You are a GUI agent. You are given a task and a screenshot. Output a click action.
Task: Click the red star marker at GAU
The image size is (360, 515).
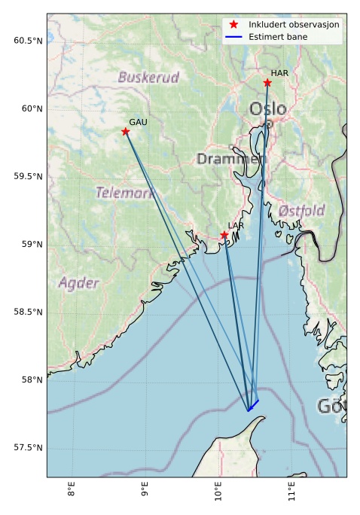click(126, 132)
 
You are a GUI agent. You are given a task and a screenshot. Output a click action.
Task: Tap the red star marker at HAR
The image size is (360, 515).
click(267, 83)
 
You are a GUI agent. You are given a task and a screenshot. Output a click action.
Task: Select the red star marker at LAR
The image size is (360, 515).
click(224, 235)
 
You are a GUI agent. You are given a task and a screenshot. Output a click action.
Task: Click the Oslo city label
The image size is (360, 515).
click(267, 109)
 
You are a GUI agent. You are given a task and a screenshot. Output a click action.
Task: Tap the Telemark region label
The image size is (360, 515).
click(125, 193)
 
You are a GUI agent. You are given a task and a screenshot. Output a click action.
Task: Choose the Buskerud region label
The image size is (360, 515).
click(148, 77)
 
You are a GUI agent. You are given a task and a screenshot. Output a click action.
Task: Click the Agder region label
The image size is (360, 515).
click(78, 283)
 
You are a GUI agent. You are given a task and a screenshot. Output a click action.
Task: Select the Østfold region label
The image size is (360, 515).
click(301, 210)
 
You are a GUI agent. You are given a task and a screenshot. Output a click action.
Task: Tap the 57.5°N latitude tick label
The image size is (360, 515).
click(28, 448)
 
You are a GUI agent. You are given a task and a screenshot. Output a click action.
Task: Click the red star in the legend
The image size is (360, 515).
click(233, 25)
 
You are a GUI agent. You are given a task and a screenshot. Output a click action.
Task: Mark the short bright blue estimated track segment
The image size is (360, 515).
click(253, 406)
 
